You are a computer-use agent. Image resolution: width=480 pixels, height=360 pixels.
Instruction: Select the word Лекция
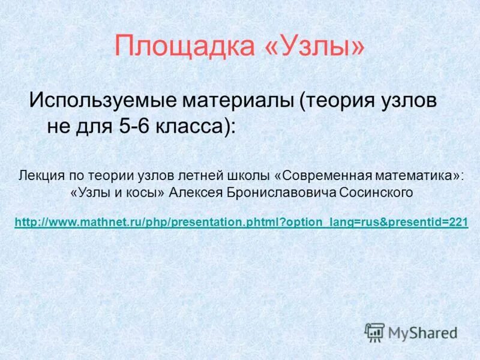40,176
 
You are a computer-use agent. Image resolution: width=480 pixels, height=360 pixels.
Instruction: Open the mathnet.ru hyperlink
241,223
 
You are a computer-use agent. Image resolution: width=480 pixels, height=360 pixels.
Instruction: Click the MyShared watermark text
422,332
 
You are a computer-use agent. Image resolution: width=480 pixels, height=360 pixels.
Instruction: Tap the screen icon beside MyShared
374,332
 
